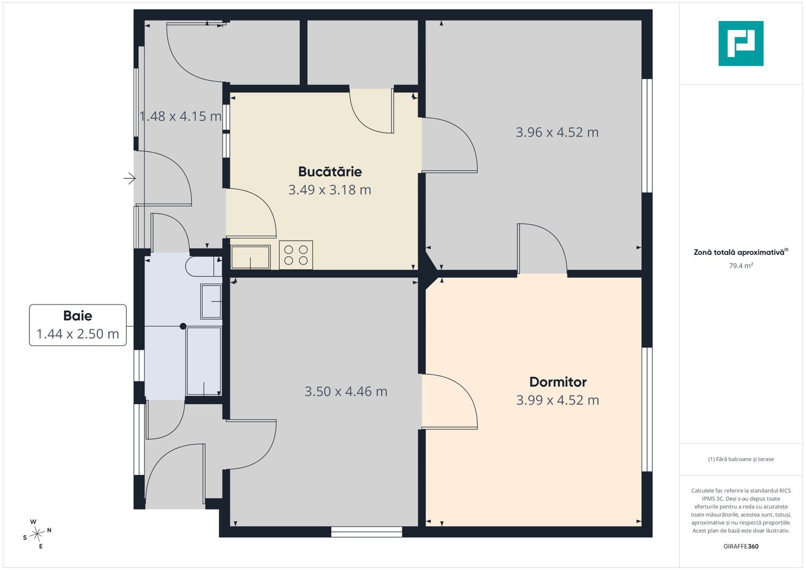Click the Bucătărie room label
(330, 172)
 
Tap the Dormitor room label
(558, 382)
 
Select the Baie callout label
(78, 316)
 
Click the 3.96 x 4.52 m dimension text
(557, 132)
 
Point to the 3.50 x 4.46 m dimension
(346, 392)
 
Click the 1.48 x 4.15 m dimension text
(181, 116)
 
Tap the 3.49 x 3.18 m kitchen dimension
(329, 189)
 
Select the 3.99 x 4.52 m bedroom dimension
(558, 400)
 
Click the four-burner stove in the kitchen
(296, 255)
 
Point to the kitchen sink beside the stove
(250, 257)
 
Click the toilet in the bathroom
(204, 267)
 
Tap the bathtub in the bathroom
(204, 361)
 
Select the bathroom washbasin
(211, 301)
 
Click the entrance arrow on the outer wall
(129, 178)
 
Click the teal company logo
(741, 43)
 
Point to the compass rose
(37, 534)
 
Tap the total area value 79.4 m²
(741, 265)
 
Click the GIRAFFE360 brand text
(741, 546)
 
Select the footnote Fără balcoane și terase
(741, 459)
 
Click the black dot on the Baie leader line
(183, 326)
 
